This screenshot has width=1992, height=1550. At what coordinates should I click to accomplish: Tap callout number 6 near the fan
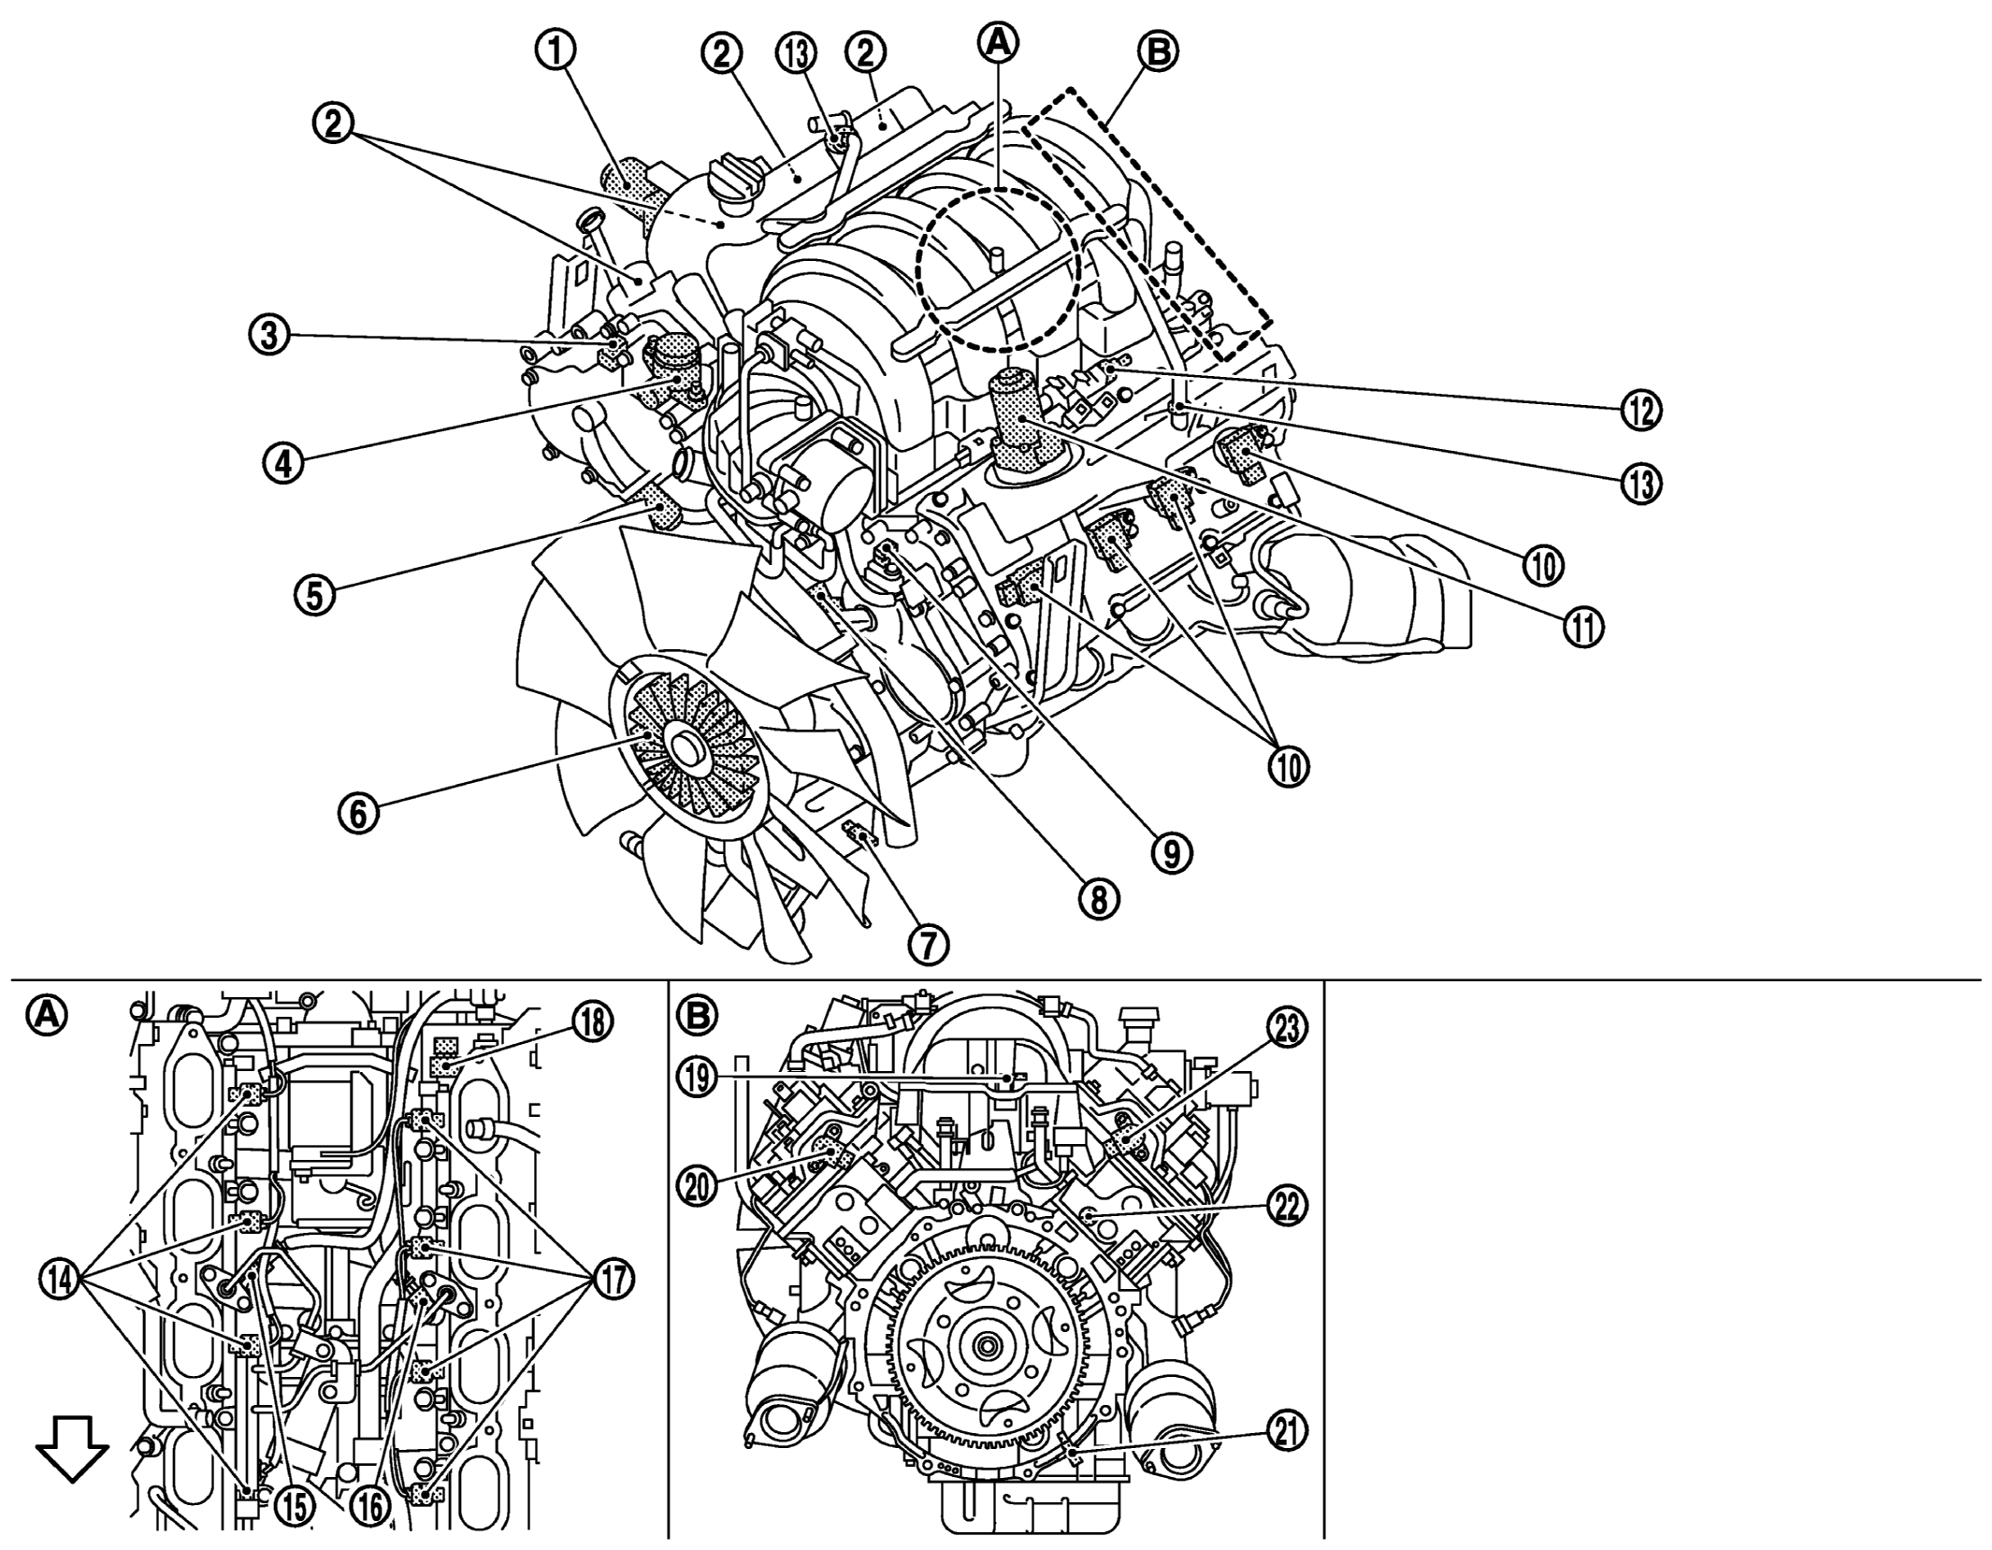pos(359,812)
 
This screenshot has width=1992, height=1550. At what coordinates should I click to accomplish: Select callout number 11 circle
pos(1582,628)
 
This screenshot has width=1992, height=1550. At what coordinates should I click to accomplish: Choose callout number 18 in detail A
pos(593,1023)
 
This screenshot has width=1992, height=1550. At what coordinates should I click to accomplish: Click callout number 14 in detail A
pos(61,1279)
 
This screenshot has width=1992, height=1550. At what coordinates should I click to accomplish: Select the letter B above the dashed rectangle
pos(1158,52)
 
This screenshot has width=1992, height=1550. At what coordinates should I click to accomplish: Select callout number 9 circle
pos(1173,850)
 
